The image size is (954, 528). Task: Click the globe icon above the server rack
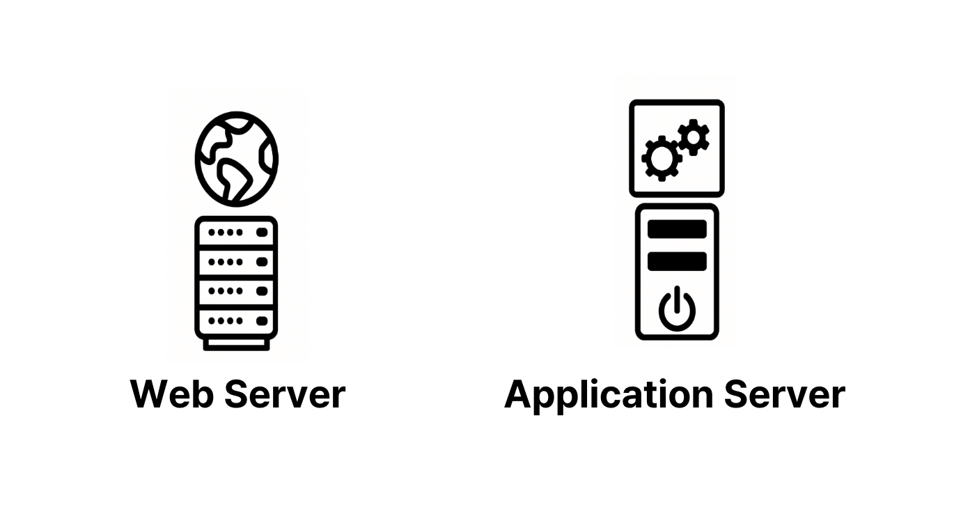[236, 159]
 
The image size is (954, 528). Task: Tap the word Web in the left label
[171, 394]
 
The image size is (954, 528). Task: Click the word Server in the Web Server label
[285, 394]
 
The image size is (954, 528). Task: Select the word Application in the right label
[609, 396]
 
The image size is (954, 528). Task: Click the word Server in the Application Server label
[785, 394]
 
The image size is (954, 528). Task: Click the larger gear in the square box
[662, 158]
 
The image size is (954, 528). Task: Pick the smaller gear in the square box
[694, 137]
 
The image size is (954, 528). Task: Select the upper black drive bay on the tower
[677, 229]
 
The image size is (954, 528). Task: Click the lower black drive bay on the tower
[677, 261]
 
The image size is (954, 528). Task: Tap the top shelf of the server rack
[236, 232]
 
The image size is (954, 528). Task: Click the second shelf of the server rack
[236, 262]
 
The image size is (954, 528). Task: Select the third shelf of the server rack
[236, 291]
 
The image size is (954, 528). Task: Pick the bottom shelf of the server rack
[236, 321]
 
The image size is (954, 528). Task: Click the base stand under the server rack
[236, 344]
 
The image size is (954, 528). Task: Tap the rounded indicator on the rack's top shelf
[262, 232]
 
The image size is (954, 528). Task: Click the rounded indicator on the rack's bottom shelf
[262, 321]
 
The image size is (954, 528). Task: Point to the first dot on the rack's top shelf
[212, 232]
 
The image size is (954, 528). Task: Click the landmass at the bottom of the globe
[233, 179]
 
